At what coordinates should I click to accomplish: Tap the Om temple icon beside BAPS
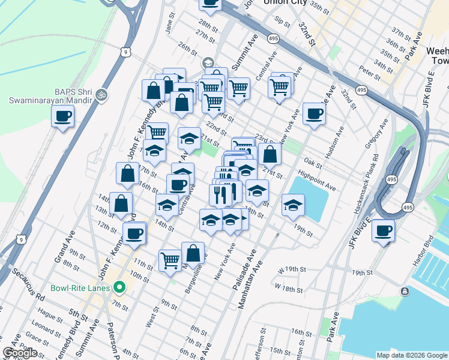tap(101, 94)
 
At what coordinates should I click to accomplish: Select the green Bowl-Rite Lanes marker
tap(119, 288)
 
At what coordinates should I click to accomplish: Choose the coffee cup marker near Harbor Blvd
tap(383, 230)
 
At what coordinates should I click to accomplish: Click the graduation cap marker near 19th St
tap(293, 205)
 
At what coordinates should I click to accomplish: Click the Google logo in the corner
tap(20, 353)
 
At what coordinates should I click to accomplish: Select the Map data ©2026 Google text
tap(411, 355)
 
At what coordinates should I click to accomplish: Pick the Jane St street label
tap(170, 26)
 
